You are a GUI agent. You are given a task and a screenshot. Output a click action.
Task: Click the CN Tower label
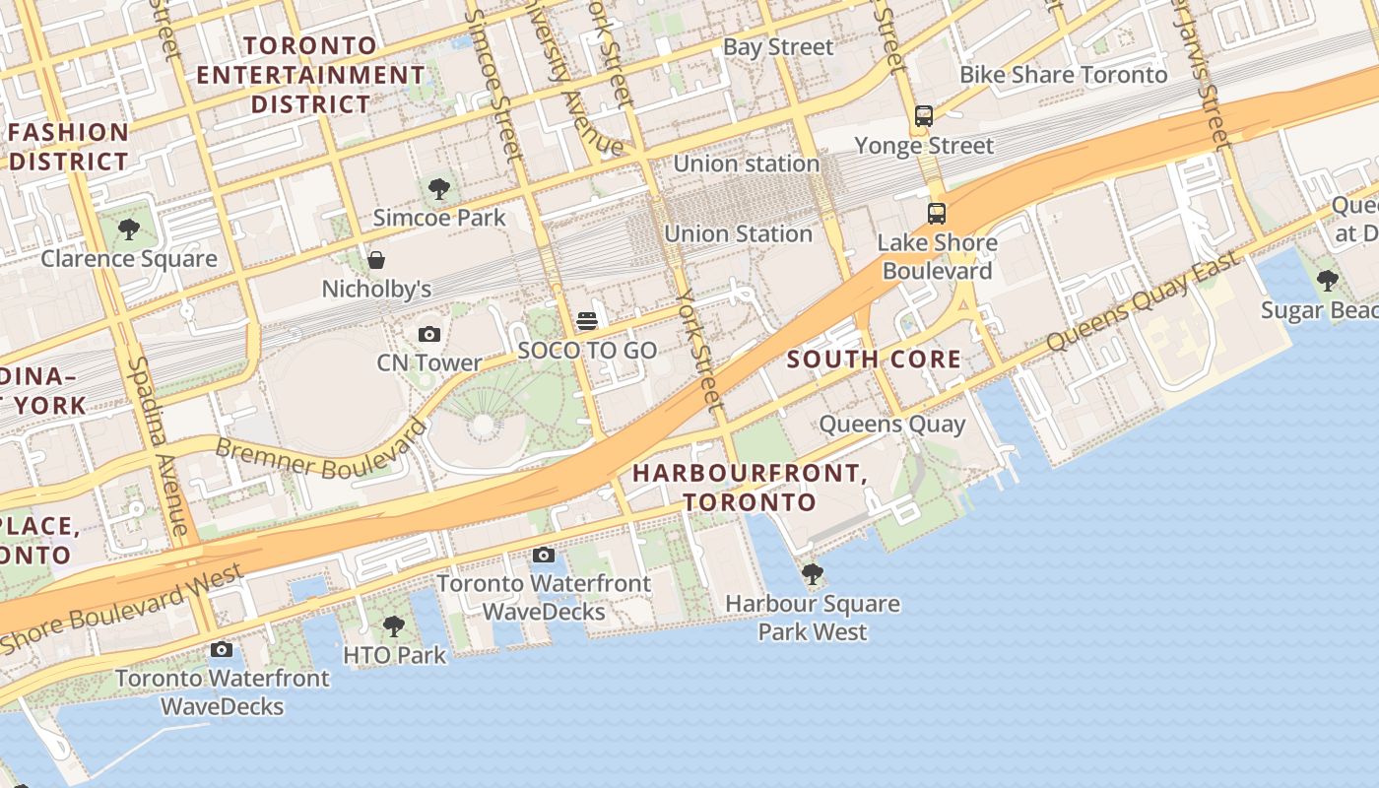(429, 362)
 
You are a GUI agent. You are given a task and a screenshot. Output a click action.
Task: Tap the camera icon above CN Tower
(429, 335)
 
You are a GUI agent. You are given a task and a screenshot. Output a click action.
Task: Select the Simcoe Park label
(439, 218)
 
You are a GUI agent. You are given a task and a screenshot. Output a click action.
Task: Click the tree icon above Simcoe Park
(439, 188)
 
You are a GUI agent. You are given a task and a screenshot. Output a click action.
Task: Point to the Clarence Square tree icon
(128, 230)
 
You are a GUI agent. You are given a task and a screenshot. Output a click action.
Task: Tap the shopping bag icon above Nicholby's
(376, 261)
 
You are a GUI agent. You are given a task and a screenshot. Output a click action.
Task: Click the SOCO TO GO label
(587, 350)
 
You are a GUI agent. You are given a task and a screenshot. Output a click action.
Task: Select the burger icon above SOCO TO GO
(587, 321)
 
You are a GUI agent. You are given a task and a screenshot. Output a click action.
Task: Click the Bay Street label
(778, 47)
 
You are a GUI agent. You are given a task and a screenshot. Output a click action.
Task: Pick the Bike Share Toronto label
(1063, 75)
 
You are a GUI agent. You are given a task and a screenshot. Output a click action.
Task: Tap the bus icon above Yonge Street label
(923, 116)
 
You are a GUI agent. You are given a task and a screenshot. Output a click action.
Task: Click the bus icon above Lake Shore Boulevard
(936, 213)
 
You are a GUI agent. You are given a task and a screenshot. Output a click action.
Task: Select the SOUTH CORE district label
(874, 360)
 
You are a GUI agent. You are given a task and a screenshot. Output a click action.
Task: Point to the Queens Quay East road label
(1143, 301)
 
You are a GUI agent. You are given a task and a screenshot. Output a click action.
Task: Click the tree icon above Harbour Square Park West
(813, 573)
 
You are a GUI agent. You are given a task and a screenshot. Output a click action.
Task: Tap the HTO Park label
(394, 654)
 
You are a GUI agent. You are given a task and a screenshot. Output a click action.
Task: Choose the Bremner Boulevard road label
(321, 455)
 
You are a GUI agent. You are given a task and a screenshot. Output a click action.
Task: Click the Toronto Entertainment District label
(310, 75)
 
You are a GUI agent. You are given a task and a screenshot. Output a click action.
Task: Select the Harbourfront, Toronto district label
(750, 487)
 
